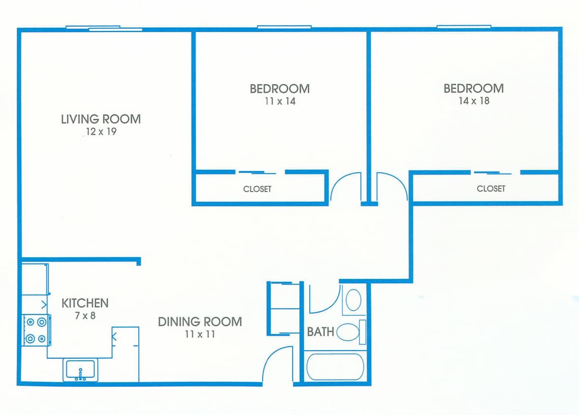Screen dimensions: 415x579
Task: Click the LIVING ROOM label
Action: click(101, 119)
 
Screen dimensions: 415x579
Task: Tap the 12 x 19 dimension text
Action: click(101, 132)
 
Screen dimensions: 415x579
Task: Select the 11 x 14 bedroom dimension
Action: click(279, 101)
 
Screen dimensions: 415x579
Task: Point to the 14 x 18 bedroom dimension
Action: click(473, 101)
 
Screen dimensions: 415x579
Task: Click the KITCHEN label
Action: click(85, 303)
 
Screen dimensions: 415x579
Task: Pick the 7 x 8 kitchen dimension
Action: click(85, 316)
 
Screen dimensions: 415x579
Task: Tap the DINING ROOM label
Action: click(200, 322)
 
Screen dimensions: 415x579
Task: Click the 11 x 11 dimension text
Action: click(200, 335)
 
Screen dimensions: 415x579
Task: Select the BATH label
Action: click(320, 332)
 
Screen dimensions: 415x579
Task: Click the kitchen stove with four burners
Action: click(36, 330)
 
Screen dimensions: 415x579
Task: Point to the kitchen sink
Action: click(81, 370)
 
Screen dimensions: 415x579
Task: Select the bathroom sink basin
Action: click(353, 299)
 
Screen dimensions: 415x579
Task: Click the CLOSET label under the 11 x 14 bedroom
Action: click(257, 189)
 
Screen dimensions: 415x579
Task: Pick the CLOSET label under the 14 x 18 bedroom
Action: click(491, 188)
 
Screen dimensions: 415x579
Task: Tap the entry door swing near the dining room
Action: click(278, 364)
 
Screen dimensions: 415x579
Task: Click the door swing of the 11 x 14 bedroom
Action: click(346, 187)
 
